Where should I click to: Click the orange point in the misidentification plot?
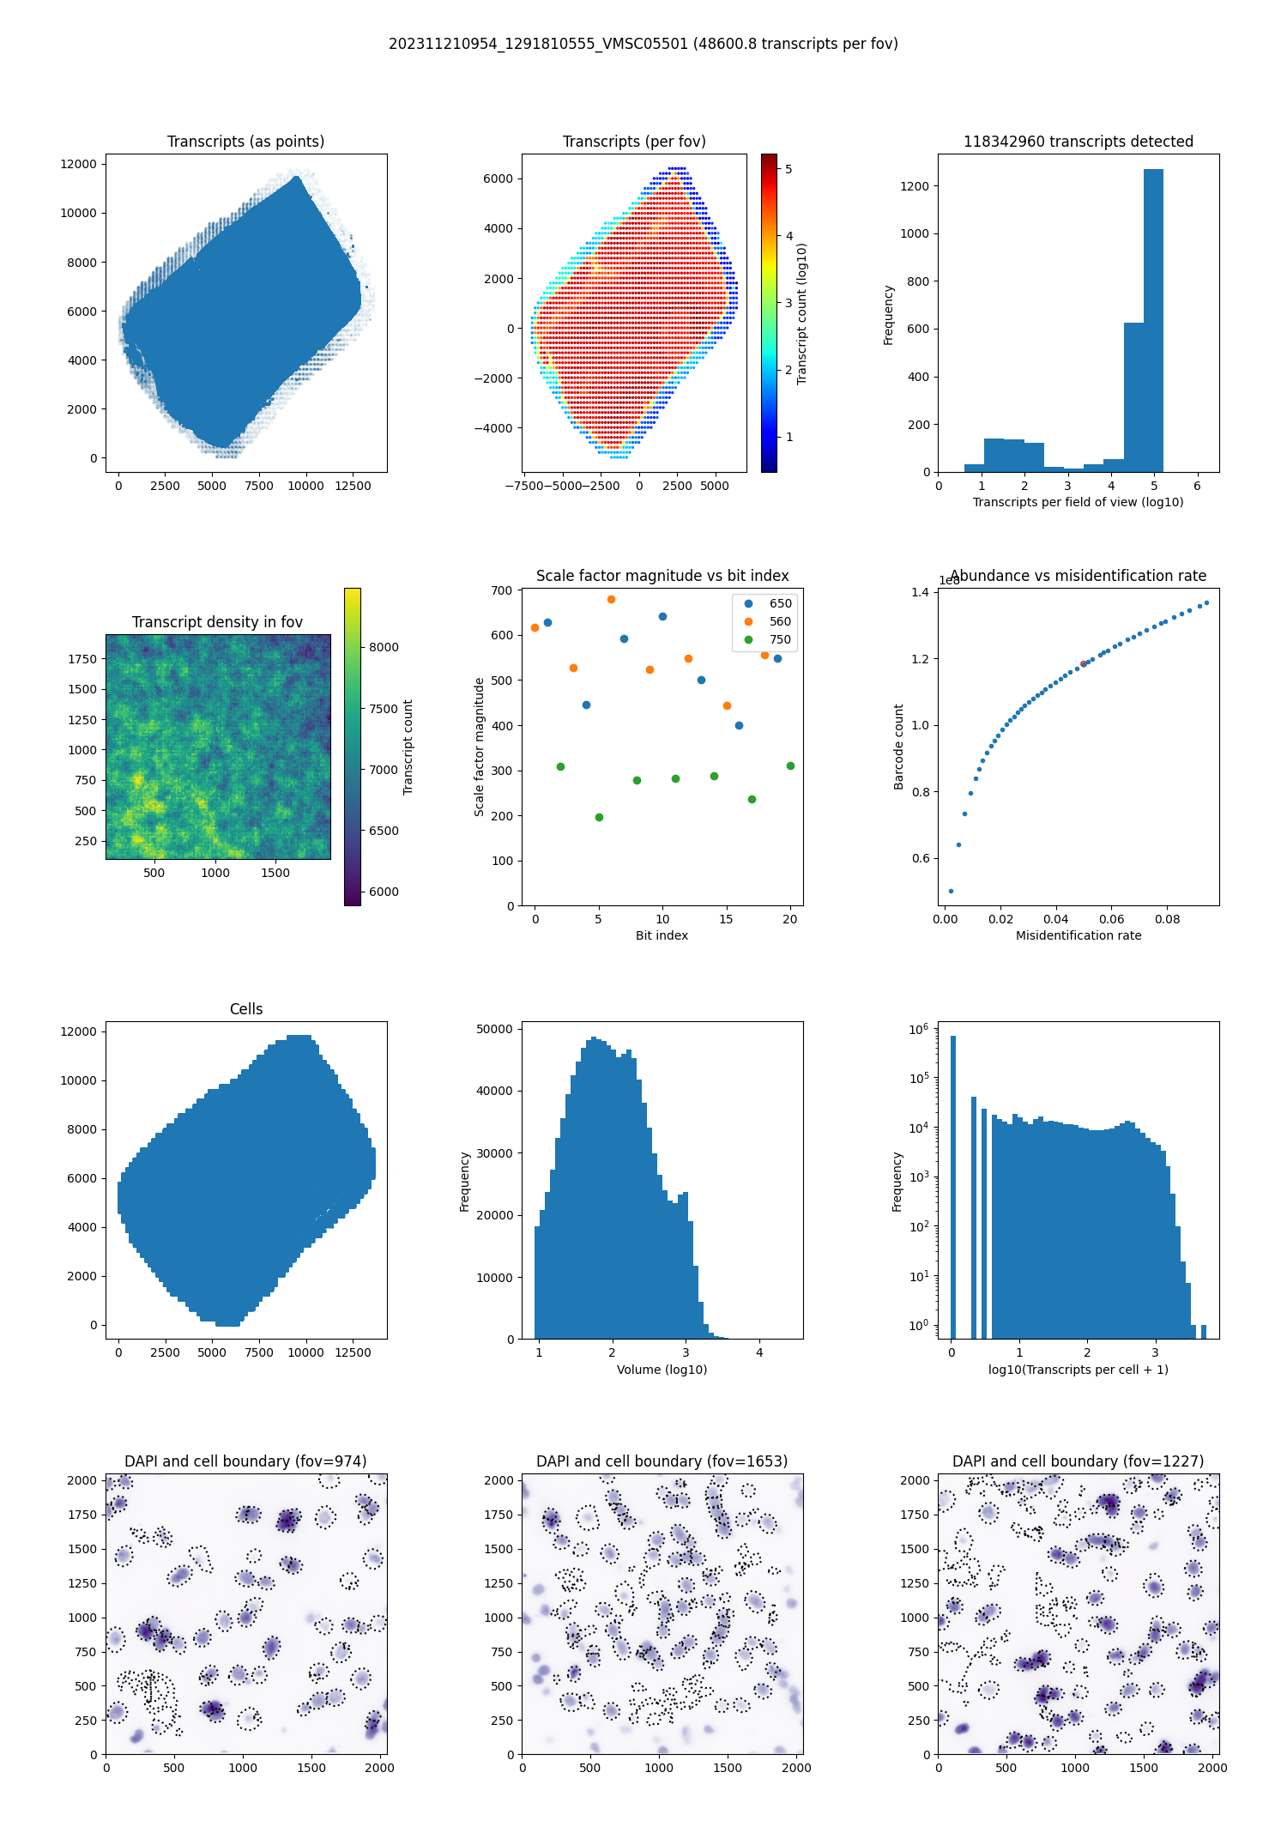coord(1084,663)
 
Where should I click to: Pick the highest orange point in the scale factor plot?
coord(611,600)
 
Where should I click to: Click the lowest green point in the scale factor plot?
coord(599,817)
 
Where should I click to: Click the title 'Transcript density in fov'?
coord(217,622)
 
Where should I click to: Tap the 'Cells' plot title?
coord(246,1009)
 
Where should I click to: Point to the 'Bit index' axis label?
coord(662,935)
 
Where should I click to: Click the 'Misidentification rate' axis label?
coord(1079,935)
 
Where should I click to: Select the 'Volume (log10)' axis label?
coord(662,1370)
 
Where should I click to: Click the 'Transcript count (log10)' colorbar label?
coord(802,313)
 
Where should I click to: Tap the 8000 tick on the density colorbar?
coord(384,647)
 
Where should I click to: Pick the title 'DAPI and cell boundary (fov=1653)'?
coord(662,1461)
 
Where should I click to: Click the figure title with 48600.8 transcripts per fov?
coord(643,44)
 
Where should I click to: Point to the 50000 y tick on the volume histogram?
coord(494,1029)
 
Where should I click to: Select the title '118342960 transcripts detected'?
coord(1079,142)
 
